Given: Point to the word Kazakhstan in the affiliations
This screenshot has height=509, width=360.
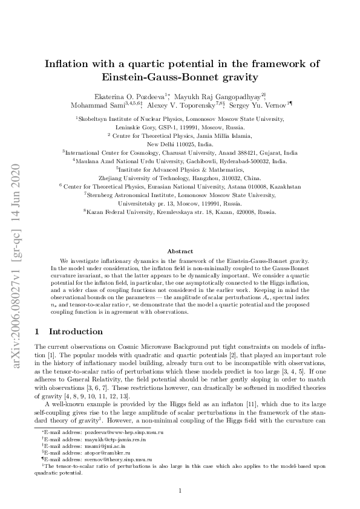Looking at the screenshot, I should click(x=285, y=187).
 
